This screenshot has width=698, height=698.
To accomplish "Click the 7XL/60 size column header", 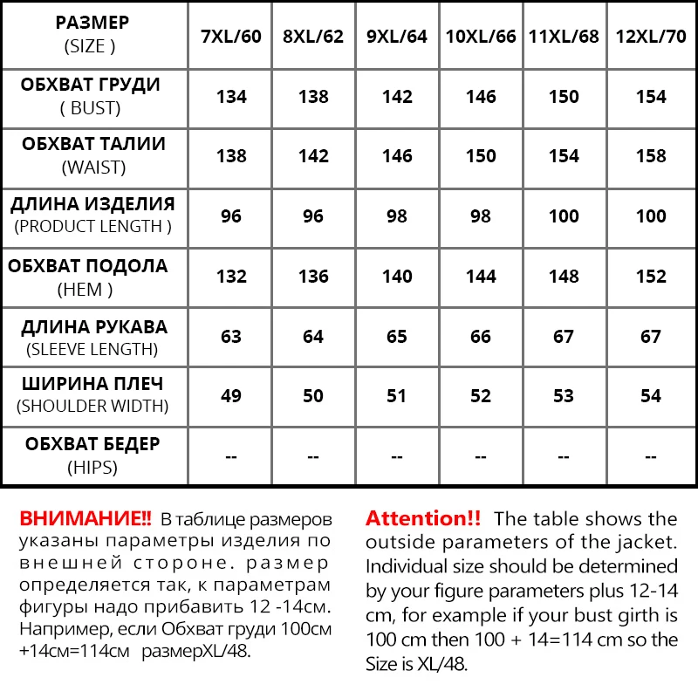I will pyautogui.click(x=231, y=37).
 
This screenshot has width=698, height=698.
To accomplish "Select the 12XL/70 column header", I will pyautogui.click(x=651, y=37).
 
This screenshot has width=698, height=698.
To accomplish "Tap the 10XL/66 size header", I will pyautogui.click(x=481, y=37).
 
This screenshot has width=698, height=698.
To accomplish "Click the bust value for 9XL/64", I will pyautogui.click(x=397, y=97).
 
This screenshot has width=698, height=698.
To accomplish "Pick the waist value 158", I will pyautogui.click(x=651, y=156).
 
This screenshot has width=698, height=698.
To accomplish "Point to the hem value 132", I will pyautogui.click(x=231, y=277).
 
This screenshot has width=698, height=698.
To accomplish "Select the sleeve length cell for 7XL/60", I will pyautogui.click(x=231, y=337).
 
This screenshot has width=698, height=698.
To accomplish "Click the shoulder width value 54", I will pyautogui.click(x=651, y=396).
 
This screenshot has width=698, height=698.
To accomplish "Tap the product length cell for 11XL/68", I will pyautogui.click(x=564, y=216).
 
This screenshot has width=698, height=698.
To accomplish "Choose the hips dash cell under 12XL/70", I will pyautogui.click(x=651, y=456).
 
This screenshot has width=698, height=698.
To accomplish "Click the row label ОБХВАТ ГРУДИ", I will pyautogui.click(x=91, y=86).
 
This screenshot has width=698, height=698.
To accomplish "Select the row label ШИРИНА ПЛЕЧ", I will pyautogui.click(x=91, y=384).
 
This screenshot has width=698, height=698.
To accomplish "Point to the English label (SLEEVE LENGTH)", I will pyautogui.click(x=91, y=350).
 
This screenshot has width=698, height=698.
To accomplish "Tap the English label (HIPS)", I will pyautogui.click(x=91, y=468).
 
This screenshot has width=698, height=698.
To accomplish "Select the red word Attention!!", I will pyautogui.click(x=423, y=518).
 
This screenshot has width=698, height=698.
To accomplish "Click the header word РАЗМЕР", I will pyautogui.click(x=91, y=23).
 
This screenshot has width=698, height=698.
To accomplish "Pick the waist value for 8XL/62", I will pyautogui.click(x=313, y=156).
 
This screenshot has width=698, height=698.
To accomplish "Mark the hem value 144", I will pyautogui.click(x=481, y=277).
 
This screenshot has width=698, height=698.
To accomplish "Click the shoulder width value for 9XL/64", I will pyautogui.click(x=397, y=396).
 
